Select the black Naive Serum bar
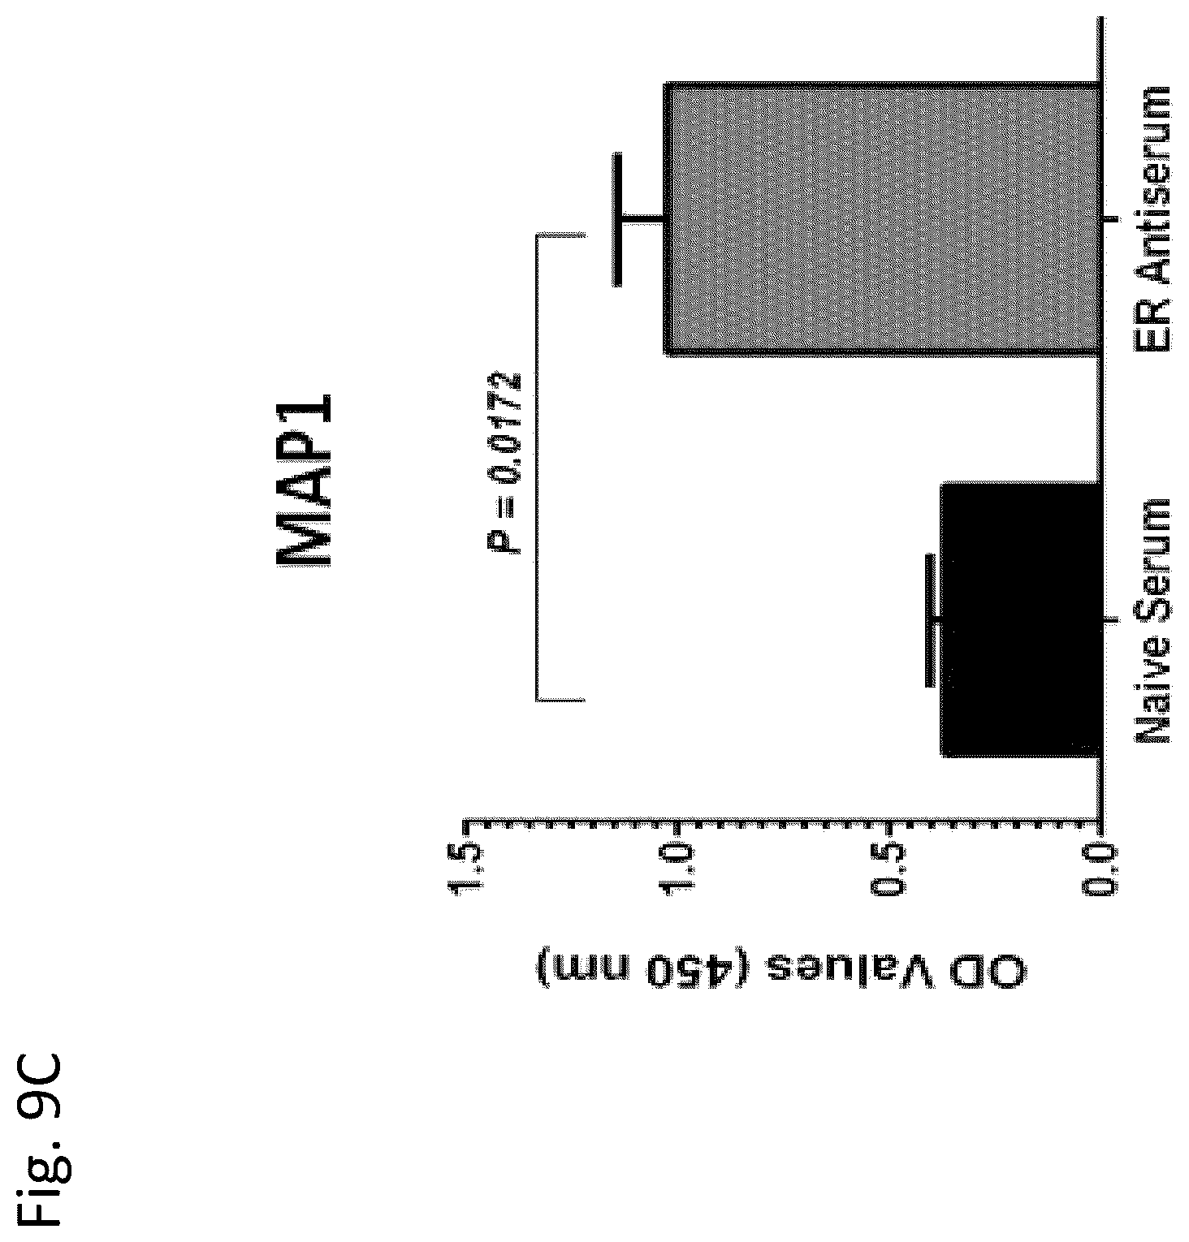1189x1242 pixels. click(x=1021, y=621)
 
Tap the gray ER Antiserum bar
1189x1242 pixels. click(x=883, y=218)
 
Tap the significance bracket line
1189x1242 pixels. click(x=537, y=467)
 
